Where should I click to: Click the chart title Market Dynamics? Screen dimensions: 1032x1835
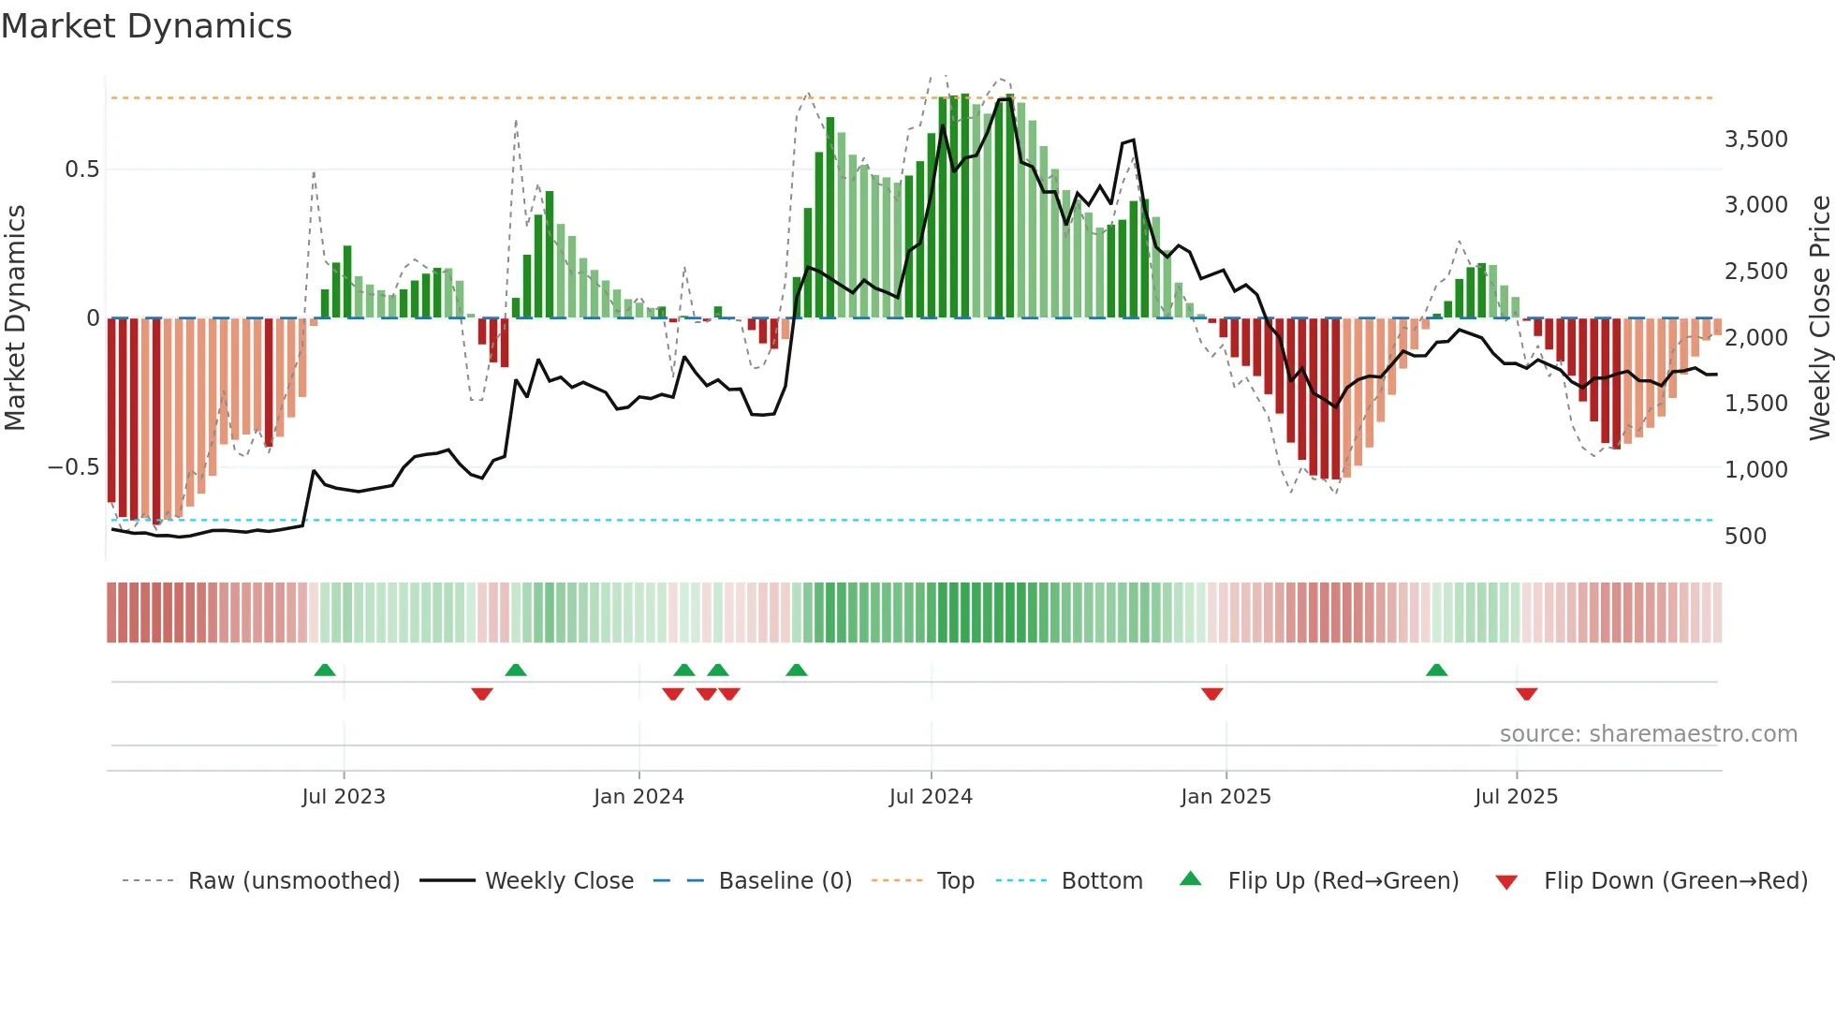pyautogui.click(x=147, y=26)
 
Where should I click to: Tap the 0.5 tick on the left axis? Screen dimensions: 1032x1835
pyautogui.click(x=81, y=170)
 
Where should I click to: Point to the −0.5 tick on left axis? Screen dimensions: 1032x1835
pyautogui.click(x=74, y=467)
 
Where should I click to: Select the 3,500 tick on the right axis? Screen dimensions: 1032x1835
pyautogui.click(x=1755, y=140)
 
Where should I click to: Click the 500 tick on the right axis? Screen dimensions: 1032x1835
pyautogui.click(x=1745, y=537)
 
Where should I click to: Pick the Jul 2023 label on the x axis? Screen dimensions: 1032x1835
pyautogui.click(x=344, y=797)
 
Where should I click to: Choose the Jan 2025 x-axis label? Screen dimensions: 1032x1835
pyautogui.click(x=1226, y=797)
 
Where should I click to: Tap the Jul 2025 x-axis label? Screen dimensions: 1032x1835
pyautogui.click(x=1516, y=797)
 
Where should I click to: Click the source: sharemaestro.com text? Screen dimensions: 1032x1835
pyautogui.click(x=1648, y=734)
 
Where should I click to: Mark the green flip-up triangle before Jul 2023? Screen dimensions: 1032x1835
pyautogui.click(x=325, y=671)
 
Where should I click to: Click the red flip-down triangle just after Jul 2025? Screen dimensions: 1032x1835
pyautogui.click(x=1526, y=694)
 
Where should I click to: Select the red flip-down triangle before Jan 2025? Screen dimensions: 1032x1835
pyautogui.click(x=1211, y=694)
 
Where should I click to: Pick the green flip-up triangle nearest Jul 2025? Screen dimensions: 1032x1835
pyautogui.click(x=1436, y=671)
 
